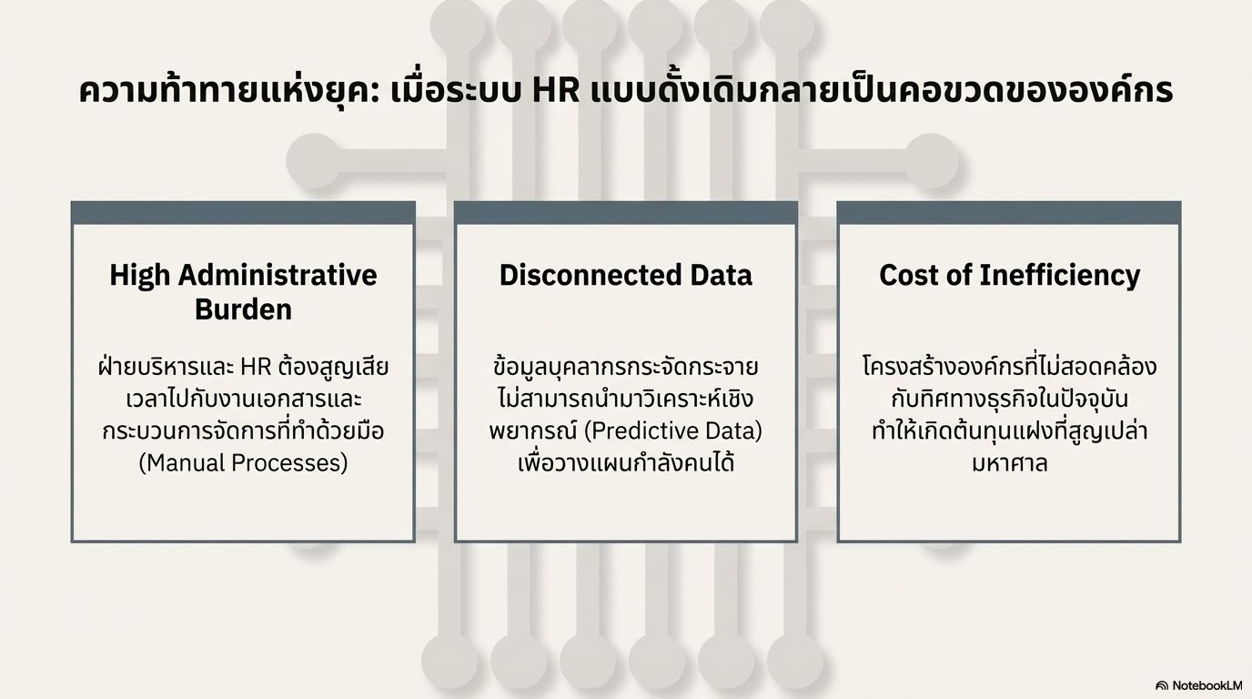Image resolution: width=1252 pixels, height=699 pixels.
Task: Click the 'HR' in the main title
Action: tap(556, 91)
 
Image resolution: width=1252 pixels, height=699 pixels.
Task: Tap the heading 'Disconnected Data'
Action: tap(625, 275)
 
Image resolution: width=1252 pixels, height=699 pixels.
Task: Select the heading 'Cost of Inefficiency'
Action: tap(1009, 275)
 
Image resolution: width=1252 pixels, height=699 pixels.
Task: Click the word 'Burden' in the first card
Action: tap(243, 309)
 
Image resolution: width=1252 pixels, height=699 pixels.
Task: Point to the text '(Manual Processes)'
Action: tap(243, 463)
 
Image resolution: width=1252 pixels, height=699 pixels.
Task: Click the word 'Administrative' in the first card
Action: tap(278, 275)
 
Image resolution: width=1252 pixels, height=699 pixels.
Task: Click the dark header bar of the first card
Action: tap(243, 213)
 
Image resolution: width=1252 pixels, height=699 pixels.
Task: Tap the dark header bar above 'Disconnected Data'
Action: tap(625, 213)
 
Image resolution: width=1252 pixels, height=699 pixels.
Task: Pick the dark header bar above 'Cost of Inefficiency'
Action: tap(1009, 213)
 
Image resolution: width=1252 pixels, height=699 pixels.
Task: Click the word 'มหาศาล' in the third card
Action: tap(1009, 464)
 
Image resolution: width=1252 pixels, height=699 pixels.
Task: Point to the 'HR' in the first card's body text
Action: tap(256, 368)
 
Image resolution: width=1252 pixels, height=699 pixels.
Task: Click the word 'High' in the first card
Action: tap(139, 275)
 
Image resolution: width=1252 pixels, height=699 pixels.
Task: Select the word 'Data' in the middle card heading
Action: tap(721, 275)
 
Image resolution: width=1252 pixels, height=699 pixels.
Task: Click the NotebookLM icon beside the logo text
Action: tap(1162, 686)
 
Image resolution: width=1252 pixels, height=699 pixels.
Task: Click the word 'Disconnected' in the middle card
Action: tap(590, 275)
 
